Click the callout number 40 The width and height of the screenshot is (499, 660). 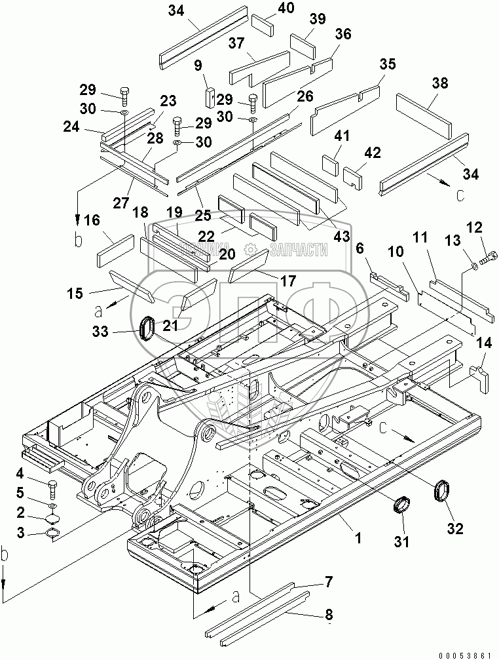click(286, 9)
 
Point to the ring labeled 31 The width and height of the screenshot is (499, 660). click(401, 506)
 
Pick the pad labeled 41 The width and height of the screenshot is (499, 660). click(329, 161)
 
